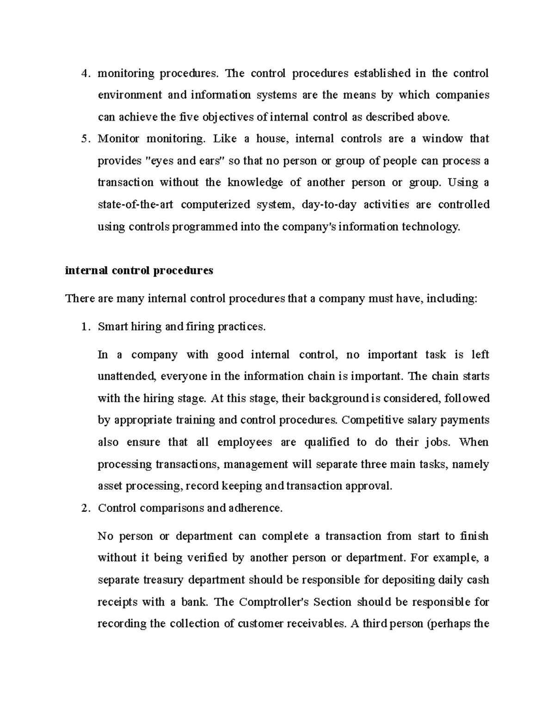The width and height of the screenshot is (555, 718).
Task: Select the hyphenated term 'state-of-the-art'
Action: (x=135, y=205)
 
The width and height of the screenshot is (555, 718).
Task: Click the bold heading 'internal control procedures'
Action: (x=139, y=270)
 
